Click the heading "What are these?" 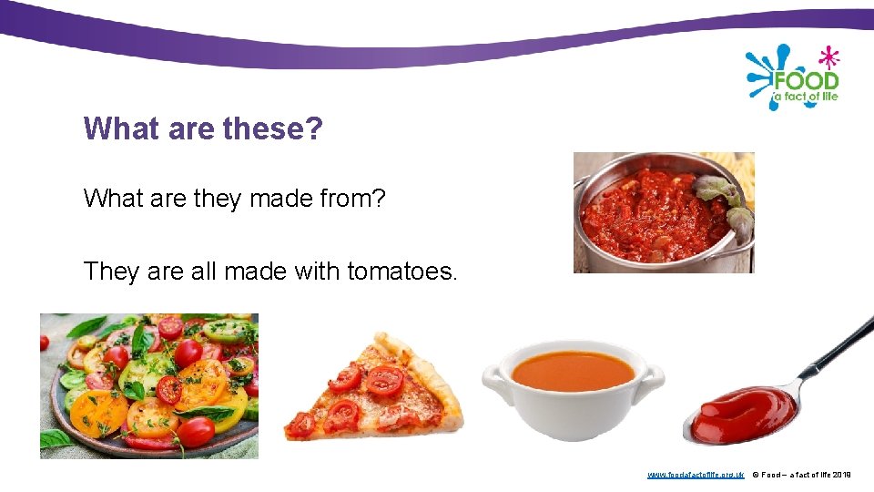point(203,128)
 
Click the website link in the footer point(696,475)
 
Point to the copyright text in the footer point(801,475)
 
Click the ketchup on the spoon point(737,415)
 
